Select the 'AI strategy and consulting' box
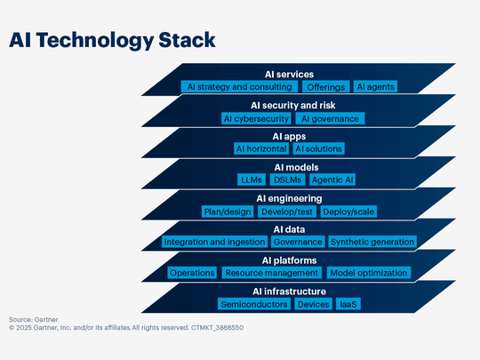coord(239,87)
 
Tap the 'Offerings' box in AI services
coord(324,87)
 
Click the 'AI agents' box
coord(375,87)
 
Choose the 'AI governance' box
coord(331,118)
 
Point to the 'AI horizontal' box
coord(260,148)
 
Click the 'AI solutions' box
coord(318,148)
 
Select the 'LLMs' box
coord(251,180)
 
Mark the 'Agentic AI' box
coord(332,180)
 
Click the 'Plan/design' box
coord(228,212)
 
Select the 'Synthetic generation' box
coord(372,242)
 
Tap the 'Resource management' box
coord(271,273)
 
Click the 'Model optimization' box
coord(369,273)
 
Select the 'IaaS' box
coord(348,304)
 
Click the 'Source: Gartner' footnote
coord(33,319)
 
